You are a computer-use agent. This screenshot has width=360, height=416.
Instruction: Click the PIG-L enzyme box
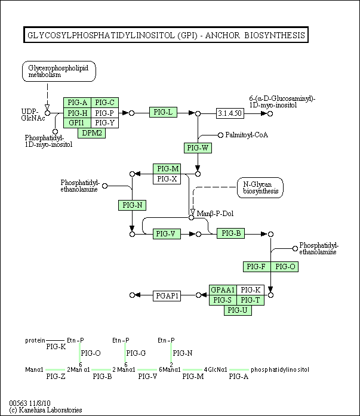[163, 112]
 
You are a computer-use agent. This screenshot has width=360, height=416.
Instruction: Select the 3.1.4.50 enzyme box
[230, 113]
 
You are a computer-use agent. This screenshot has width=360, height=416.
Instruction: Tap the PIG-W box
[197, 147]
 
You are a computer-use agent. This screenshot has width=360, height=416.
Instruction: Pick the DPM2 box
[92, 132]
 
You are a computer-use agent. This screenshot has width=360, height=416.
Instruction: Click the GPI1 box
[77, 123]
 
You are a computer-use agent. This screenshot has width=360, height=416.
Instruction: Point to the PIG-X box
[167, 178]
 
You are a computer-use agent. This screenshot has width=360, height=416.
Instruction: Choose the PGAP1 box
[167, 295]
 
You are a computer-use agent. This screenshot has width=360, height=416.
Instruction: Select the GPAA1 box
[223, 290]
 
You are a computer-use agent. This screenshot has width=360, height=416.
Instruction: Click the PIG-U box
[237, 310]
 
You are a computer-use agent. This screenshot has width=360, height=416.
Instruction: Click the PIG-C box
[105, 102]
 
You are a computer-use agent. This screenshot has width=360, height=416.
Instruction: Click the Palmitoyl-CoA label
[247, 135]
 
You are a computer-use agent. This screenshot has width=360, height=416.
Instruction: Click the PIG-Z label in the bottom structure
[55, 377]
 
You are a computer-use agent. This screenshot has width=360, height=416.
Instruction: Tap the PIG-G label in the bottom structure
[136, 353]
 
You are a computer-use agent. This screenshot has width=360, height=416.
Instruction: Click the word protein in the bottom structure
[35, 341]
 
